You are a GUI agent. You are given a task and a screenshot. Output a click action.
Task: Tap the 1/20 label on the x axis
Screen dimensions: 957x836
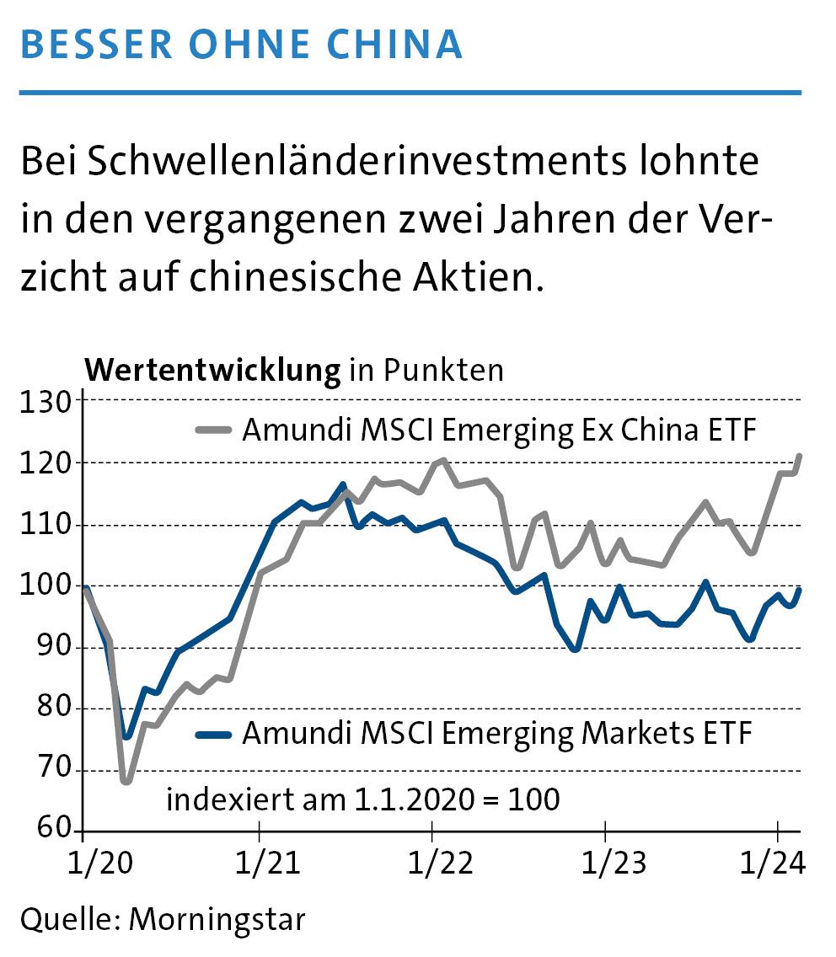click(x=83, y=863)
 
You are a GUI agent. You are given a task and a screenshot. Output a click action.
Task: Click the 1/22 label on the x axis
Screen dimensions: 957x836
click(x=431, y=863)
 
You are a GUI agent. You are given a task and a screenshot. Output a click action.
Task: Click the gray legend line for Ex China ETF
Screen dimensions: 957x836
click(x=214, y=430)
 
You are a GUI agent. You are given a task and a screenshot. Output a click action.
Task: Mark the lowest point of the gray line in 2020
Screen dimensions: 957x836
click(x=126, y=782)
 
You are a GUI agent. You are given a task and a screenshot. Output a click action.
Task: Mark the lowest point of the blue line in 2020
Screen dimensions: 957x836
click(x=126, y=737)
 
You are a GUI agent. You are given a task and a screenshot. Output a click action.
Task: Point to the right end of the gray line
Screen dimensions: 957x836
click(x=799, y=456)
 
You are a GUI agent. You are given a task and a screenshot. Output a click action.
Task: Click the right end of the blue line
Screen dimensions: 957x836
click(x=799, y=590)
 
